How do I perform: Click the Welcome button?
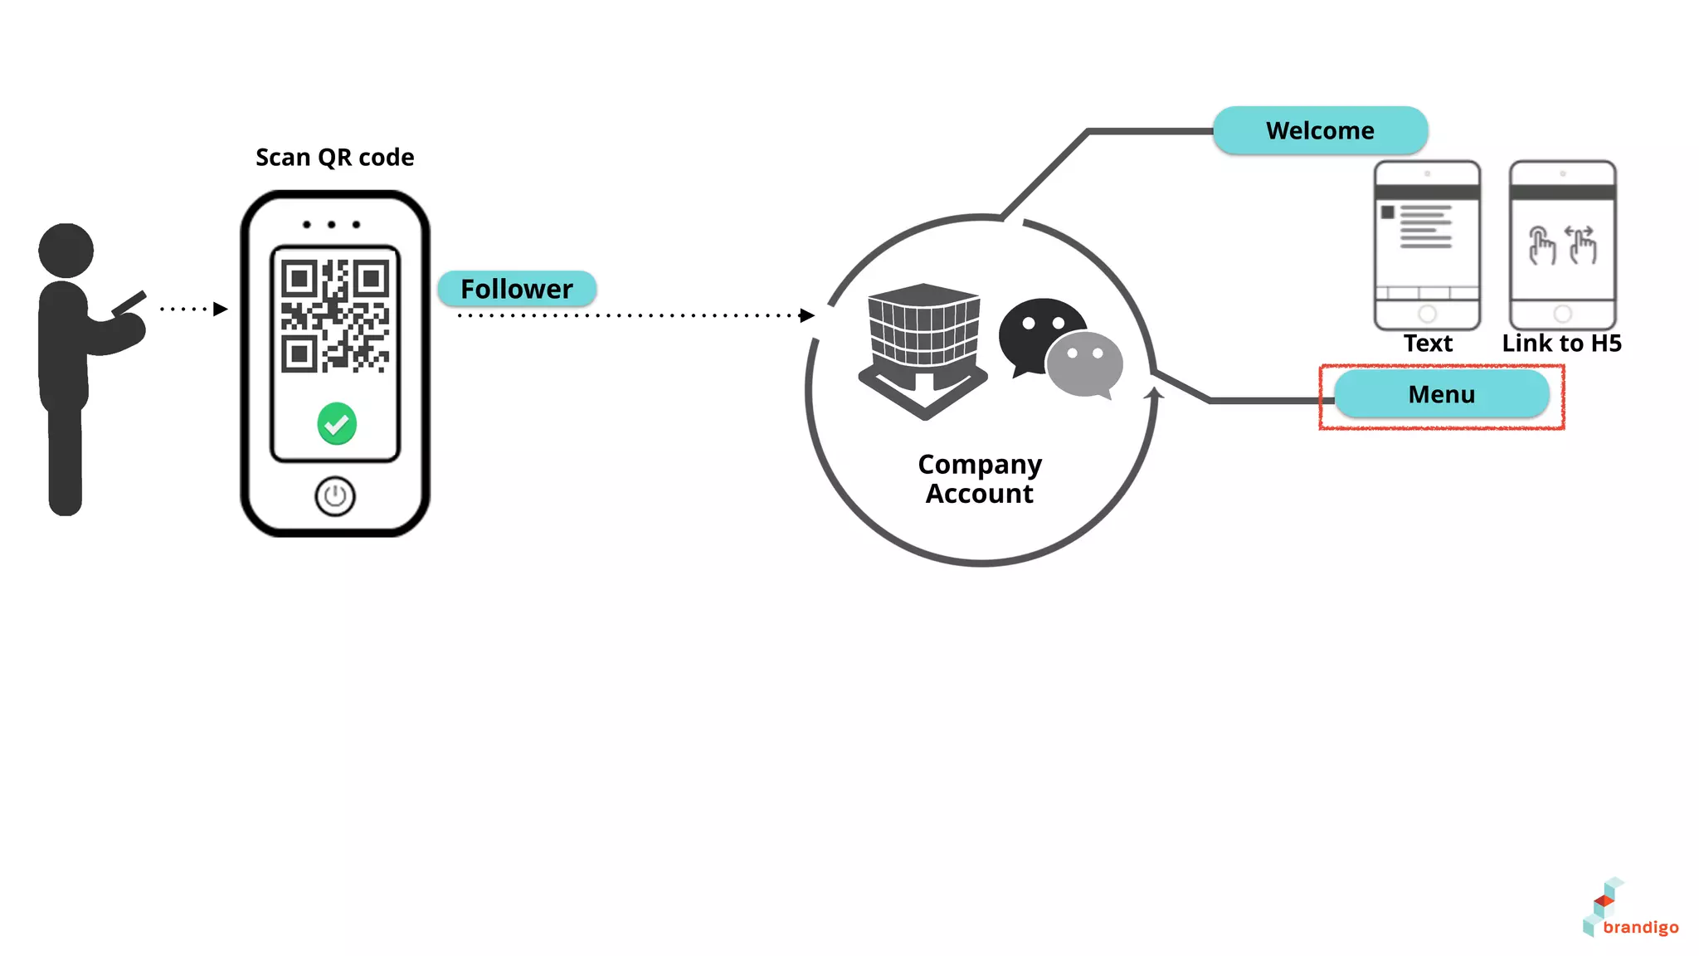pyautogui.click(x=1319, y=130)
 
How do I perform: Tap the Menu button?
pyautogui.click(x=1441, y=394)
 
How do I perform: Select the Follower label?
pyautogui.click(x=516, y=289)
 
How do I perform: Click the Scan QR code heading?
pyautogui.click(x=334, y=157)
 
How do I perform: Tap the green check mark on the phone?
pyautogui.click(x=337, y=424)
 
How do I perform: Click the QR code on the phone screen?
pyautogui.click(x=335, y=315)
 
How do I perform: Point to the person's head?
pyautogui.click(x=66, y=250)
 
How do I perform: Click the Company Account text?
pyautogui.click(x=980, y=479)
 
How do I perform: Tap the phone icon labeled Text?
pyautogui.click(x=1427, y=246)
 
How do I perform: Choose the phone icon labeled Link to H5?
pyautogui.click(x=1562, y=246)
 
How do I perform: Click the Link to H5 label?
pyautogui.click(x=1561, y=343)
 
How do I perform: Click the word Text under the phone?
pyautogui.click(x=1427, y=343)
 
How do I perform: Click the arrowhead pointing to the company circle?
pyautogui.click(x=806, y=315)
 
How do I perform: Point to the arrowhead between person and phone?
pyautogui.click(x=220, y=309)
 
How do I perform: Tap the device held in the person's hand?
pyautogui.click(x=129, y=303)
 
